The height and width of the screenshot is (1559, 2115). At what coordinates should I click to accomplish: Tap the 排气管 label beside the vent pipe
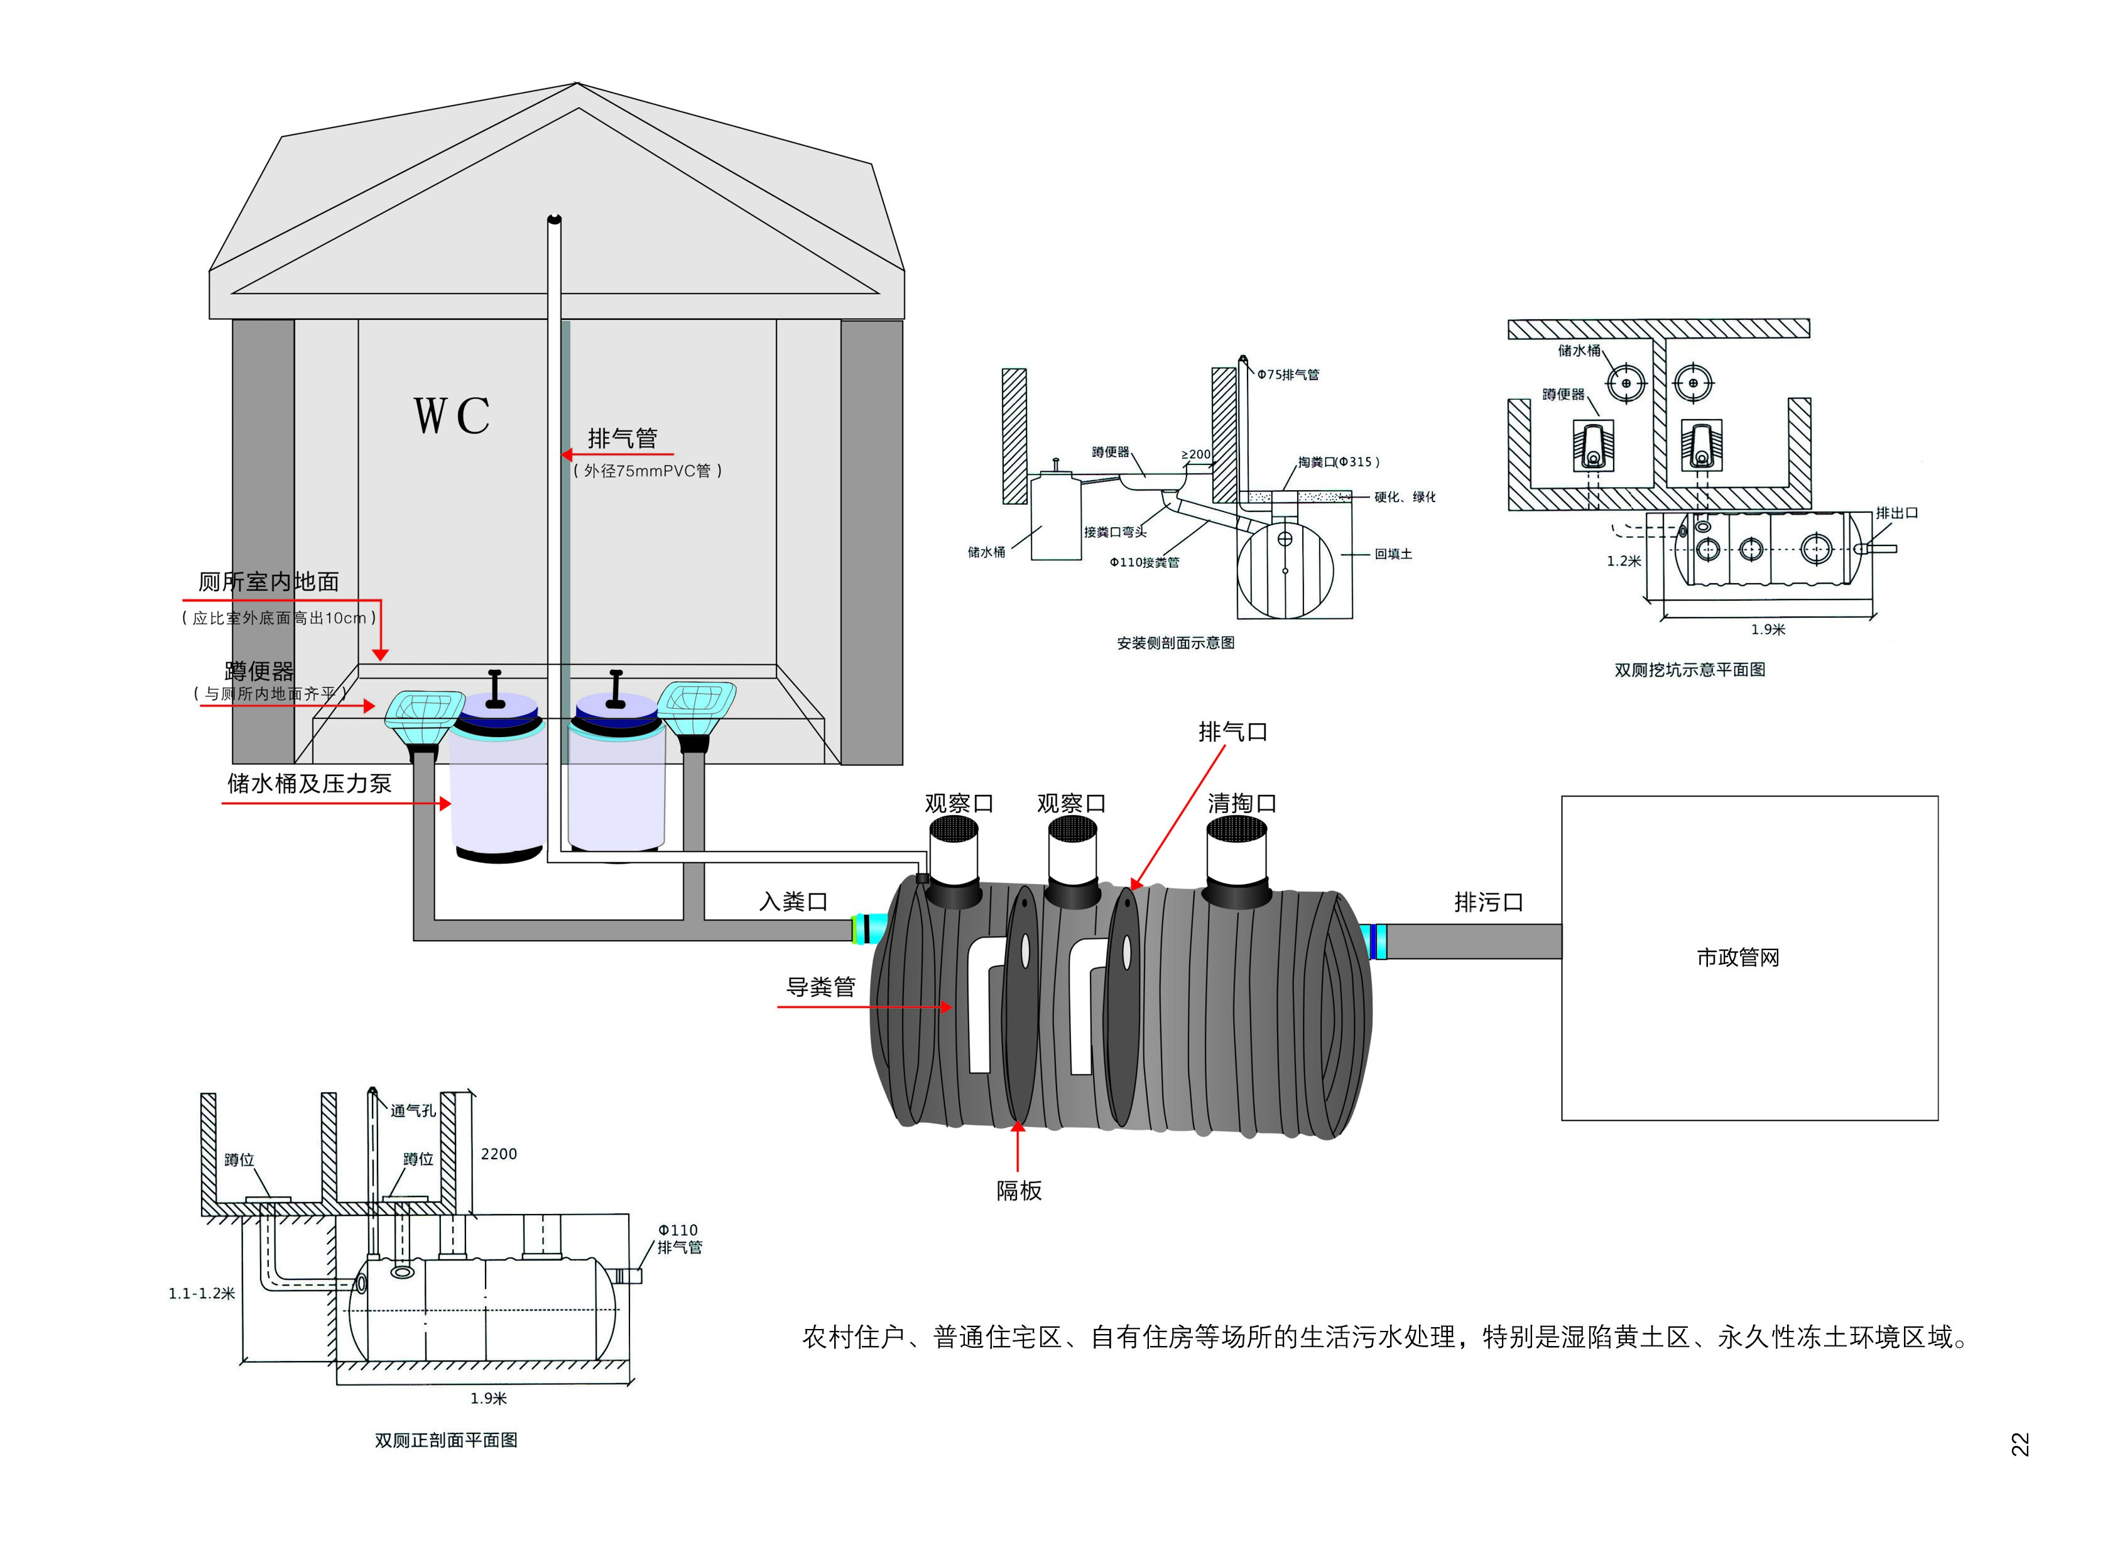(622, 439)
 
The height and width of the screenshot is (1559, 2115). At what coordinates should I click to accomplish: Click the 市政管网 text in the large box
(1737, 958)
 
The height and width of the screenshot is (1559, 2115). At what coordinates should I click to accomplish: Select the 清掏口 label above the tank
(1241, 803)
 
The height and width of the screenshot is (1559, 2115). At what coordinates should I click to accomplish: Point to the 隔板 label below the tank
(1019, 1191)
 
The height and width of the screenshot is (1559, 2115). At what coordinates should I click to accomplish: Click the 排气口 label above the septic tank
(1232, 731)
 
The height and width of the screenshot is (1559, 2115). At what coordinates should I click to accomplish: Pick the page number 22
(2019, 1445)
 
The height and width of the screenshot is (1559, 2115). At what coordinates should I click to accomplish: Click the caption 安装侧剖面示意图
(1175, 643)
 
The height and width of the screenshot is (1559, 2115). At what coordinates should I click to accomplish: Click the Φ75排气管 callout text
(1288, 375)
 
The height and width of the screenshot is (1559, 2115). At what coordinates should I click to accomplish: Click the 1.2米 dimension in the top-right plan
(1624, 561)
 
